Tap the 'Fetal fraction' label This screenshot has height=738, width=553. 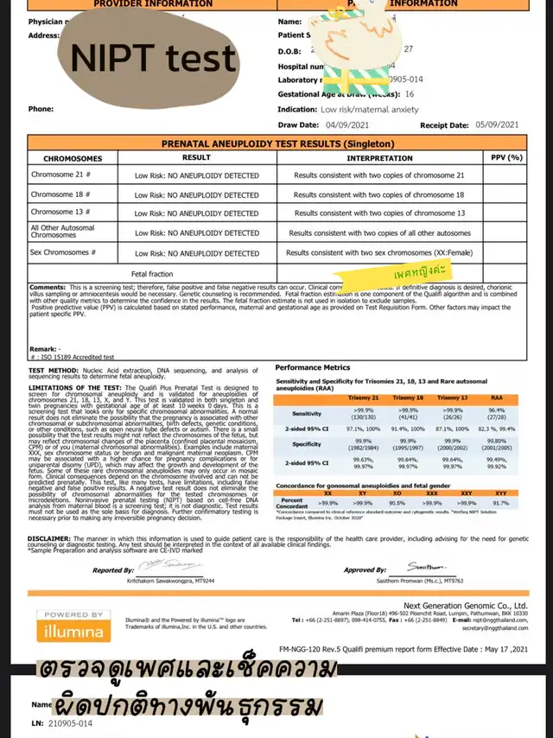[152, 273]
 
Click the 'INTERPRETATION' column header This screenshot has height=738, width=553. [379, 158]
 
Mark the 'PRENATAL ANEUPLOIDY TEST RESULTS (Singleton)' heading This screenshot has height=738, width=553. [278, 143]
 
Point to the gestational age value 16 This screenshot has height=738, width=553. [409, 93]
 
